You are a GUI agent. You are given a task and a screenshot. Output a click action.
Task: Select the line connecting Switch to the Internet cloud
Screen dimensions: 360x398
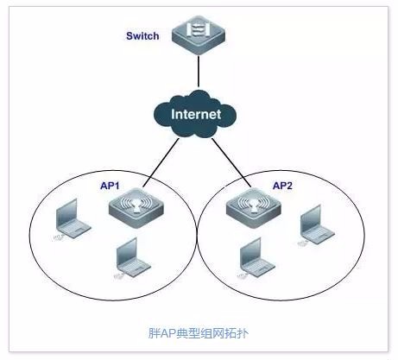pos(200,73)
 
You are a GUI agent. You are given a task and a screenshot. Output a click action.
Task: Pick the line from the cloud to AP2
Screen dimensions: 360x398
pos(237,162)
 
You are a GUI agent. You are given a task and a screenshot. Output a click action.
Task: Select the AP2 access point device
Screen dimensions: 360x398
pos(251,208)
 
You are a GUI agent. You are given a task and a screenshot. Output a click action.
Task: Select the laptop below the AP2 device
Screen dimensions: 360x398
pos(255,256)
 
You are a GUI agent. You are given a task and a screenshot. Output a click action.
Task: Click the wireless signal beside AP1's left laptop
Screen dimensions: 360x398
pos(57,233)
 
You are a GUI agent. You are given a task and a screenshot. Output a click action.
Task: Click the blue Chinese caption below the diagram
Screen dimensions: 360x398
pos(199,332)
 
